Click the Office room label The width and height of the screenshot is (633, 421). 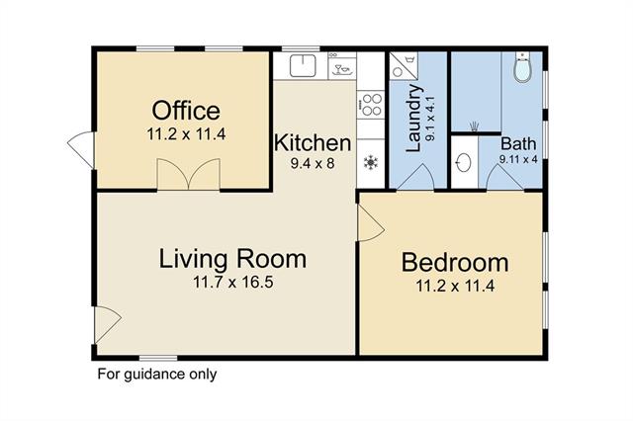[186, 111]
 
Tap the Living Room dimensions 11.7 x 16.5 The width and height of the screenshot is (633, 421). [233, 282]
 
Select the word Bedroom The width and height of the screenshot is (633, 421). [455, 263]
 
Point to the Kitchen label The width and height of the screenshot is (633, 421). [313, 143]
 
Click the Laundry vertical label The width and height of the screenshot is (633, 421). [413, 119]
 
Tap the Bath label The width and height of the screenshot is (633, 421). [518, 143]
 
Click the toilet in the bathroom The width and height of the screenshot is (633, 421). [522, 68]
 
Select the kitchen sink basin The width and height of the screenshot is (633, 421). [303, 66]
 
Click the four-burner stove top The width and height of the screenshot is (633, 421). [371, 105]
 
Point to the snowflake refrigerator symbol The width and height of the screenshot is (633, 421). [370, 162]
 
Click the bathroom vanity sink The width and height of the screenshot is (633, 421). [464, 162]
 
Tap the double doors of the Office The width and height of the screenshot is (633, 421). [189, 174]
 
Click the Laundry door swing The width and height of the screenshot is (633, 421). [415, 177]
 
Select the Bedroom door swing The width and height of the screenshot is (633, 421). [370, 223]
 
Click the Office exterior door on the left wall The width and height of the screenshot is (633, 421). [81, 149]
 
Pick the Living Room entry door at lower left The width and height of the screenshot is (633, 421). [108, 324]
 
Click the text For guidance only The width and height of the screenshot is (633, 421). [157, 375]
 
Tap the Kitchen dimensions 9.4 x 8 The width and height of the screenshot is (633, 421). [313, 163]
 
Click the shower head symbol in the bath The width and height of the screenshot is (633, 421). [474, 126]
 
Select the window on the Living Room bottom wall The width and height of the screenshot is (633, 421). [158, 358]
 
